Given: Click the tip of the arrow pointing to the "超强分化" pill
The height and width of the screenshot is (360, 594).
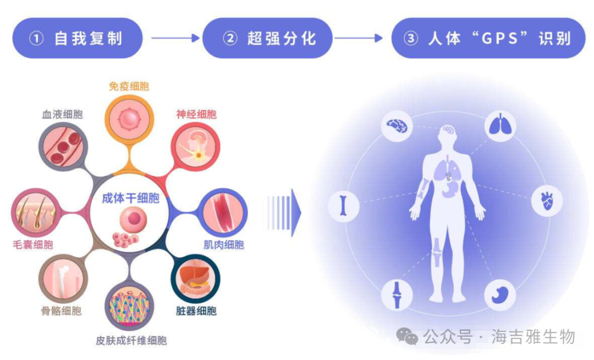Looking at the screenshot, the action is (200, 38).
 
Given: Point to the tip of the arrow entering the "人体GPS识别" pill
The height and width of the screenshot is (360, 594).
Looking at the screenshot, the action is (383, 38).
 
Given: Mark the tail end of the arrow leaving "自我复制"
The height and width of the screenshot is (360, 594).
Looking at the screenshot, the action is (152, 38).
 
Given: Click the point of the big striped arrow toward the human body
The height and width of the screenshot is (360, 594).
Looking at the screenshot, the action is (301, 213).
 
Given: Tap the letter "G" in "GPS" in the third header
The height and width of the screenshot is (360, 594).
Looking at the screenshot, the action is (486, 38).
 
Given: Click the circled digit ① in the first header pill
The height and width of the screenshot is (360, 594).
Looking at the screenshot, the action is (36, 38).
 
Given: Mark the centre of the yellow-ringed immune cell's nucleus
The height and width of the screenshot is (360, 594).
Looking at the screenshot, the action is (129, 119).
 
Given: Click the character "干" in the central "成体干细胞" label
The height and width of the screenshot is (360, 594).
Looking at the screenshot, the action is (131, 198).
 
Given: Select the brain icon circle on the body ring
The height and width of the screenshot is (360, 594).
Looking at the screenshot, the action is (397, 126).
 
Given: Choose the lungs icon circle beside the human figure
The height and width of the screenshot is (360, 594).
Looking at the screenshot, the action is (500, 126).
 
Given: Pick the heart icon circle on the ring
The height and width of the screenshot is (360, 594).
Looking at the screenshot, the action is (547, 201).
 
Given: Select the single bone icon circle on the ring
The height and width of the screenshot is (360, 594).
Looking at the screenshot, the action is (344, 206).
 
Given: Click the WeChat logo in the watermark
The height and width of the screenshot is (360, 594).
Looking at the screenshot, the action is (407, 336).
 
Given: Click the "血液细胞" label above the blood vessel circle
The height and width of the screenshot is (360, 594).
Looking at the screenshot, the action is (63, 114).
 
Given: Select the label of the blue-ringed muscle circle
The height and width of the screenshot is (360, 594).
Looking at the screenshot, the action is (224, 245).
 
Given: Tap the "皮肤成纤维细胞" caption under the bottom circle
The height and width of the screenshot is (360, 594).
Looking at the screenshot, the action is (131, 341).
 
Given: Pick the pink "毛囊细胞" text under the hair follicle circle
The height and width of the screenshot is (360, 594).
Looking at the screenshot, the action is (33, 245).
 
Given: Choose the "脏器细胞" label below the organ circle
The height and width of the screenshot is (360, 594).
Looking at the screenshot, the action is (196, 311).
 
